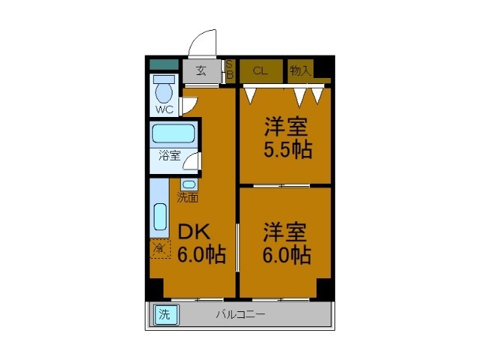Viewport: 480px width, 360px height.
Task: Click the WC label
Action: [164, 109]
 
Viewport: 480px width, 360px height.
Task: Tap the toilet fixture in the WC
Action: [163, 92]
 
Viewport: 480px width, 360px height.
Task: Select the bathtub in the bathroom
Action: [173, 135]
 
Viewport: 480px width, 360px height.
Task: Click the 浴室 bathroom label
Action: [169, 156]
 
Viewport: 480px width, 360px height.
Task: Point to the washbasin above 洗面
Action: [188, 184]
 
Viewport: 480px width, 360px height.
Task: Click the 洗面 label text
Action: [187, 198]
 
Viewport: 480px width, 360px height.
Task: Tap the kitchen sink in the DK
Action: [160, 217]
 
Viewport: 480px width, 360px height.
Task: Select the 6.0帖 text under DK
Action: [201, 255]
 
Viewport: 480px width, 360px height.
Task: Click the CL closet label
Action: [260, 71]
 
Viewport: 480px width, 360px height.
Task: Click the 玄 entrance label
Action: [201, 71]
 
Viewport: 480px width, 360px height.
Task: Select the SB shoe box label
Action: [230, 70]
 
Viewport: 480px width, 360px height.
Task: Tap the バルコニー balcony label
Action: [240, 315]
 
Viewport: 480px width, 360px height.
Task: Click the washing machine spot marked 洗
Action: [163, 315]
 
